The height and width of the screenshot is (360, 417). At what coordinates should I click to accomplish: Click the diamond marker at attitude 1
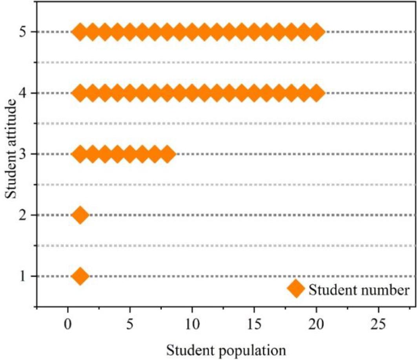[80, 276]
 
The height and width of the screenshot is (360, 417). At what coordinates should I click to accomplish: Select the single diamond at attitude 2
[80, 215]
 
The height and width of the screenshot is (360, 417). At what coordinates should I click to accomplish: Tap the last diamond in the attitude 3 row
[168, 154]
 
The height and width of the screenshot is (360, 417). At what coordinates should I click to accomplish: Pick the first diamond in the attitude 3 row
[80, 154]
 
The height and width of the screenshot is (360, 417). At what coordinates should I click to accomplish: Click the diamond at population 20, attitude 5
[317, 31]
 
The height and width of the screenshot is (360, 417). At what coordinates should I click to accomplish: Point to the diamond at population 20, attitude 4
[317, 93]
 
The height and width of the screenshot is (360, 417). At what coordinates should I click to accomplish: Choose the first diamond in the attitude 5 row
[80, 31]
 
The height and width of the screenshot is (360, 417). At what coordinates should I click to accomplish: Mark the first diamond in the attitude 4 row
[80, 93]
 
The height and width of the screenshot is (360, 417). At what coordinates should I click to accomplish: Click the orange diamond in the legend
[296, 290]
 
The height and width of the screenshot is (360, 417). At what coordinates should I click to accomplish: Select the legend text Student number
[359, 290]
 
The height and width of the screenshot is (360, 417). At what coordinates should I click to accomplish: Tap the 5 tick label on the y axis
[24, 32]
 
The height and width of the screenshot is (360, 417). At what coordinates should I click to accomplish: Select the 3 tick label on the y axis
[24, 154]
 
